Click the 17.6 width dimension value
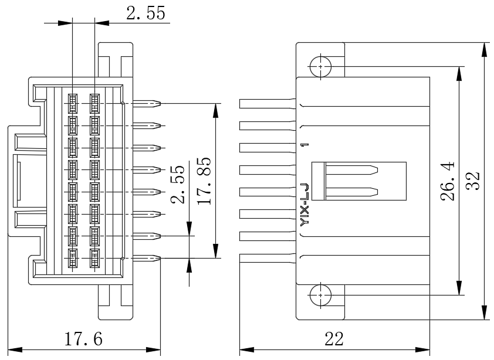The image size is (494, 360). pyautogui.click(x=83, y=339)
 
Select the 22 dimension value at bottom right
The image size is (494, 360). pyautogui.click(x=334, y=339)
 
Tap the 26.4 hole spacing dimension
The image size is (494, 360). pyautogui.click(x=448, y=181)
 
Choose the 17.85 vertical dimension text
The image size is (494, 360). pyautogui.click(x=204, y=181)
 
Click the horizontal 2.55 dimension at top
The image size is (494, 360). pyautogui.click(x=146, y=13)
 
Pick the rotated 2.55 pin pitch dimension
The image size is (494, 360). pyautogui.click(x=178, y=185)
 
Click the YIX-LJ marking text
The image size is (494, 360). pyautogui.click(x=304, y=205)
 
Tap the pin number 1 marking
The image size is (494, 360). pyautogui.click(x=304, y=145)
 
